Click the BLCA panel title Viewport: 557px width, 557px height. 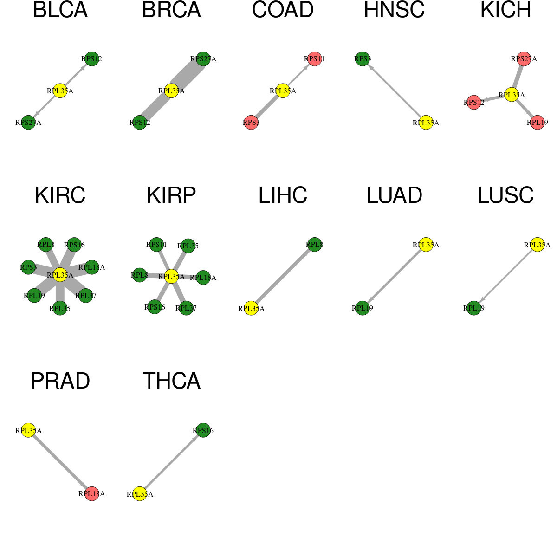coord(60,10)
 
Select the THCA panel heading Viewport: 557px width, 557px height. coord(171,381)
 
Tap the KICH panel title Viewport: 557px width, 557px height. coord(505,10)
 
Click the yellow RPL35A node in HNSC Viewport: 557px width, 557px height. coord(426,122)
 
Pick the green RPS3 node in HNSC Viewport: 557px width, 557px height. coord(362,58)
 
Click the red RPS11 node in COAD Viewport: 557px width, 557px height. coord(314,58)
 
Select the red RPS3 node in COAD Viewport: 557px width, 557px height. coord(251,122)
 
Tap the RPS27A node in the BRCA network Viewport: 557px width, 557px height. coord(203,58)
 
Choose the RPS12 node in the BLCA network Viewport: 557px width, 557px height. coord(91,58)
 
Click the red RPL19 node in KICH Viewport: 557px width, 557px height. coord(537,122)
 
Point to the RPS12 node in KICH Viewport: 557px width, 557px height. coord(474,102)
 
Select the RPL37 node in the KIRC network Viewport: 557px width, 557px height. coord(85,295)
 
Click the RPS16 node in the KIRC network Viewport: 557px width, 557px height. coord(74,245)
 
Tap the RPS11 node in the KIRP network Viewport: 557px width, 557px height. coord(156,244)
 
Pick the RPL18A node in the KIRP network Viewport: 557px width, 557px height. coord(203,278)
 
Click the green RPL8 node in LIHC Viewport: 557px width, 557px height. coord(314,245)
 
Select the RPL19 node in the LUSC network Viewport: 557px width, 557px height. coord(474,308)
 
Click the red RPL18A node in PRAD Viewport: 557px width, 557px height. coord(91,494)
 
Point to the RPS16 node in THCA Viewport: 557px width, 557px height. coord(203,430)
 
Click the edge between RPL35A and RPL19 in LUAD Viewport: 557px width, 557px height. coord(394,276)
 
